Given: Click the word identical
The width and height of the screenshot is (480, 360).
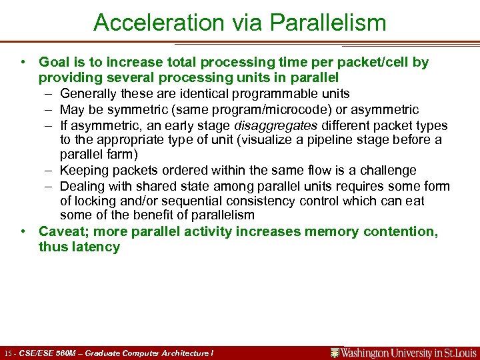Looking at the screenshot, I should (x=211, y=94).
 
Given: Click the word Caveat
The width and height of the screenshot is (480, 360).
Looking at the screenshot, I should (x=60, y=231).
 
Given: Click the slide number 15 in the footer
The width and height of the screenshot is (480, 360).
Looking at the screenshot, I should (x=8, y=353).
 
